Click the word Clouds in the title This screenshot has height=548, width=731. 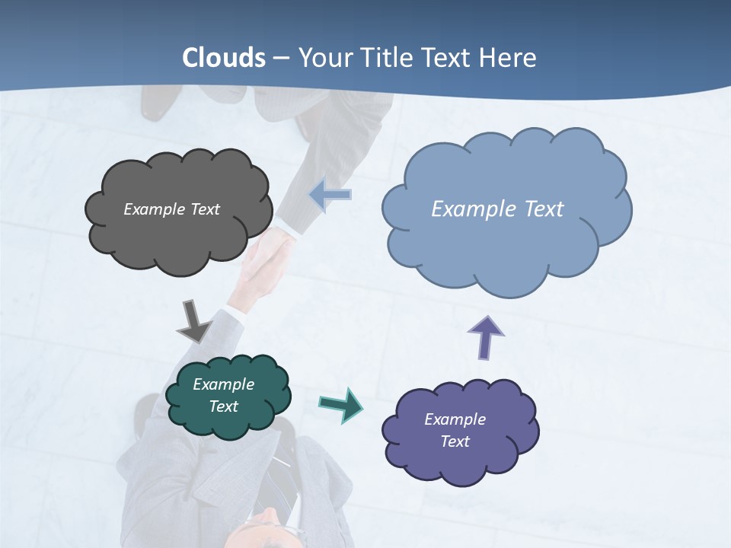pyautogui.click(x=224, y=58)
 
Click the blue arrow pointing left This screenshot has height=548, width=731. pyautogui.click(x=330, y=195)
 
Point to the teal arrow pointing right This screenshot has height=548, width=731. pyautogui.click(x=340, y=404)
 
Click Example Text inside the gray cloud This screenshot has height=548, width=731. pyautogui.click(x=171, y=209)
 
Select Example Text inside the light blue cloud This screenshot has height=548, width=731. pyautogui.click(x=497, y=209)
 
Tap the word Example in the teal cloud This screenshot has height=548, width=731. pyautogui.click(x=223, y=384)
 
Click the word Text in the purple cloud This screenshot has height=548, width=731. pyautogui.click(x=455, y=441)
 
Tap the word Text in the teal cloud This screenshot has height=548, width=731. pyautogui.click(x=223, y=406)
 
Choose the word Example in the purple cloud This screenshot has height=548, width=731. pyautogui.click(x=455, y=419)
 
